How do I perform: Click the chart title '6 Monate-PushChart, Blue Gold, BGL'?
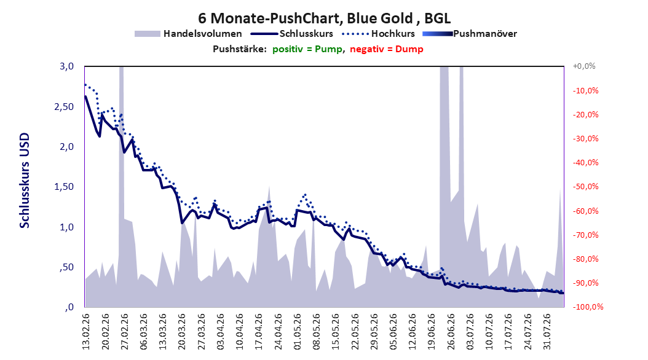(x=324, y=18)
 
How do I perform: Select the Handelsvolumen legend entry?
(x=188, y=34)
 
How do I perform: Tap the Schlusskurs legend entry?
(x=292, y=34)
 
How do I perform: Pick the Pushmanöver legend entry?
(x=470, y=34)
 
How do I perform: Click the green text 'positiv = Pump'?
(x=307, y=49)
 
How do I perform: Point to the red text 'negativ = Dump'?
(x=387, y=49)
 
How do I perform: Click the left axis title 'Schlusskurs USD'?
(x=25, y=181)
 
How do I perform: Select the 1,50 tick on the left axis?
(x=64, y=187)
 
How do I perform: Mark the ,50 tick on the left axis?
(x=66, y=267)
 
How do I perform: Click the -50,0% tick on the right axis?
(x=585, y=187)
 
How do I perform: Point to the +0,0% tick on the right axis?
(x=584, y=66)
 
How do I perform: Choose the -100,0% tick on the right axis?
(x=588, y=307)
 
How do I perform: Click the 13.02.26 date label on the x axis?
(x=86, y=332)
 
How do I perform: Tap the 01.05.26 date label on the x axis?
(x=298, y=332)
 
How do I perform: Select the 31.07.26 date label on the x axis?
(x=547, y=332)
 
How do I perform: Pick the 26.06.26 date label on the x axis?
(x=451, y=332)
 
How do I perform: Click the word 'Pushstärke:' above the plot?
(x=240, y=49)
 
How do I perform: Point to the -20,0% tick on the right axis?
(x=585, y=114)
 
